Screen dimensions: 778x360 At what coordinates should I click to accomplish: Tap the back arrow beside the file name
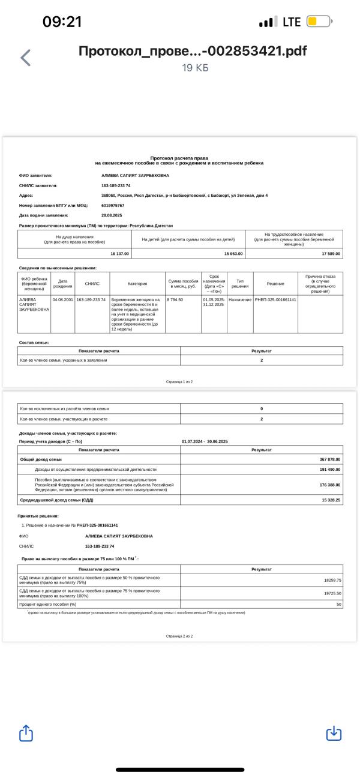click(x=25, y=58)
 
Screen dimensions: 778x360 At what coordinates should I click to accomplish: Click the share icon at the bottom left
click(x=26, y=733)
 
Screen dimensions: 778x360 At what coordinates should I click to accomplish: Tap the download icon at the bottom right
click(x=334, y=733)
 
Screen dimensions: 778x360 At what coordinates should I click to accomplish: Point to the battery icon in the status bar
click(x=319, y=22)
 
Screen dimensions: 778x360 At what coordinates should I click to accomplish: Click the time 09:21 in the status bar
click(x=62, y=22)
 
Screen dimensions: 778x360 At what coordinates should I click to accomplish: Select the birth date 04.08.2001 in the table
click(x=62, y=299)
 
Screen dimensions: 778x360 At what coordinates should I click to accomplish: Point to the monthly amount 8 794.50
click(x=175, y=299)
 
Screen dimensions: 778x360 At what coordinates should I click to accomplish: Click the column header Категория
click(x=137, y=284)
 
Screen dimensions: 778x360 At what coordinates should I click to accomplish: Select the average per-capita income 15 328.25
click(x=330, y=499)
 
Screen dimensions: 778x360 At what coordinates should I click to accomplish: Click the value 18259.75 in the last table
click(x=331, y=580)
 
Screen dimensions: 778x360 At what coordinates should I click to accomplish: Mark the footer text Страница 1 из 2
click(x=179, y=382)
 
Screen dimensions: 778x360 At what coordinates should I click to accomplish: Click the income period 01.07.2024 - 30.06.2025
click(x=206, y=441)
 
